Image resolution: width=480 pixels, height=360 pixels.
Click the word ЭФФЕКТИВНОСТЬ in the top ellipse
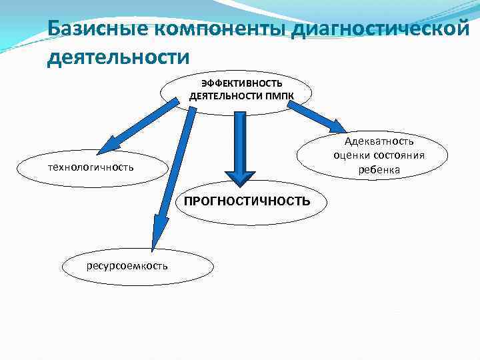pyautogui.click(x=242, y=84)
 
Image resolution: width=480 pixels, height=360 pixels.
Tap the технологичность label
pyautogui.click(x=91, y=166)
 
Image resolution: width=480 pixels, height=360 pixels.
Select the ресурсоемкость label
pyautogui.click(x=127, y=266)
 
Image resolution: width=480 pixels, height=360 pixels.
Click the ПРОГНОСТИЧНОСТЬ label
pyautogui.click(x=247, y=201)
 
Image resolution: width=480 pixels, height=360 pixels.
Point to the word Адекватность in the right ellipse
pyautogui.click(x=379, y=141)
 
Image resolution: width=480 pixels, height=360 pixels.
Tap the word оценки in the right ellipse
pyautogui.click(x=353, y=155)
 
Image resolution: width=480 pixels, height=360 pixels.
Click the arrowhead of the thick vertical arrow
pyautogui.click(x=235, y=173)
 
